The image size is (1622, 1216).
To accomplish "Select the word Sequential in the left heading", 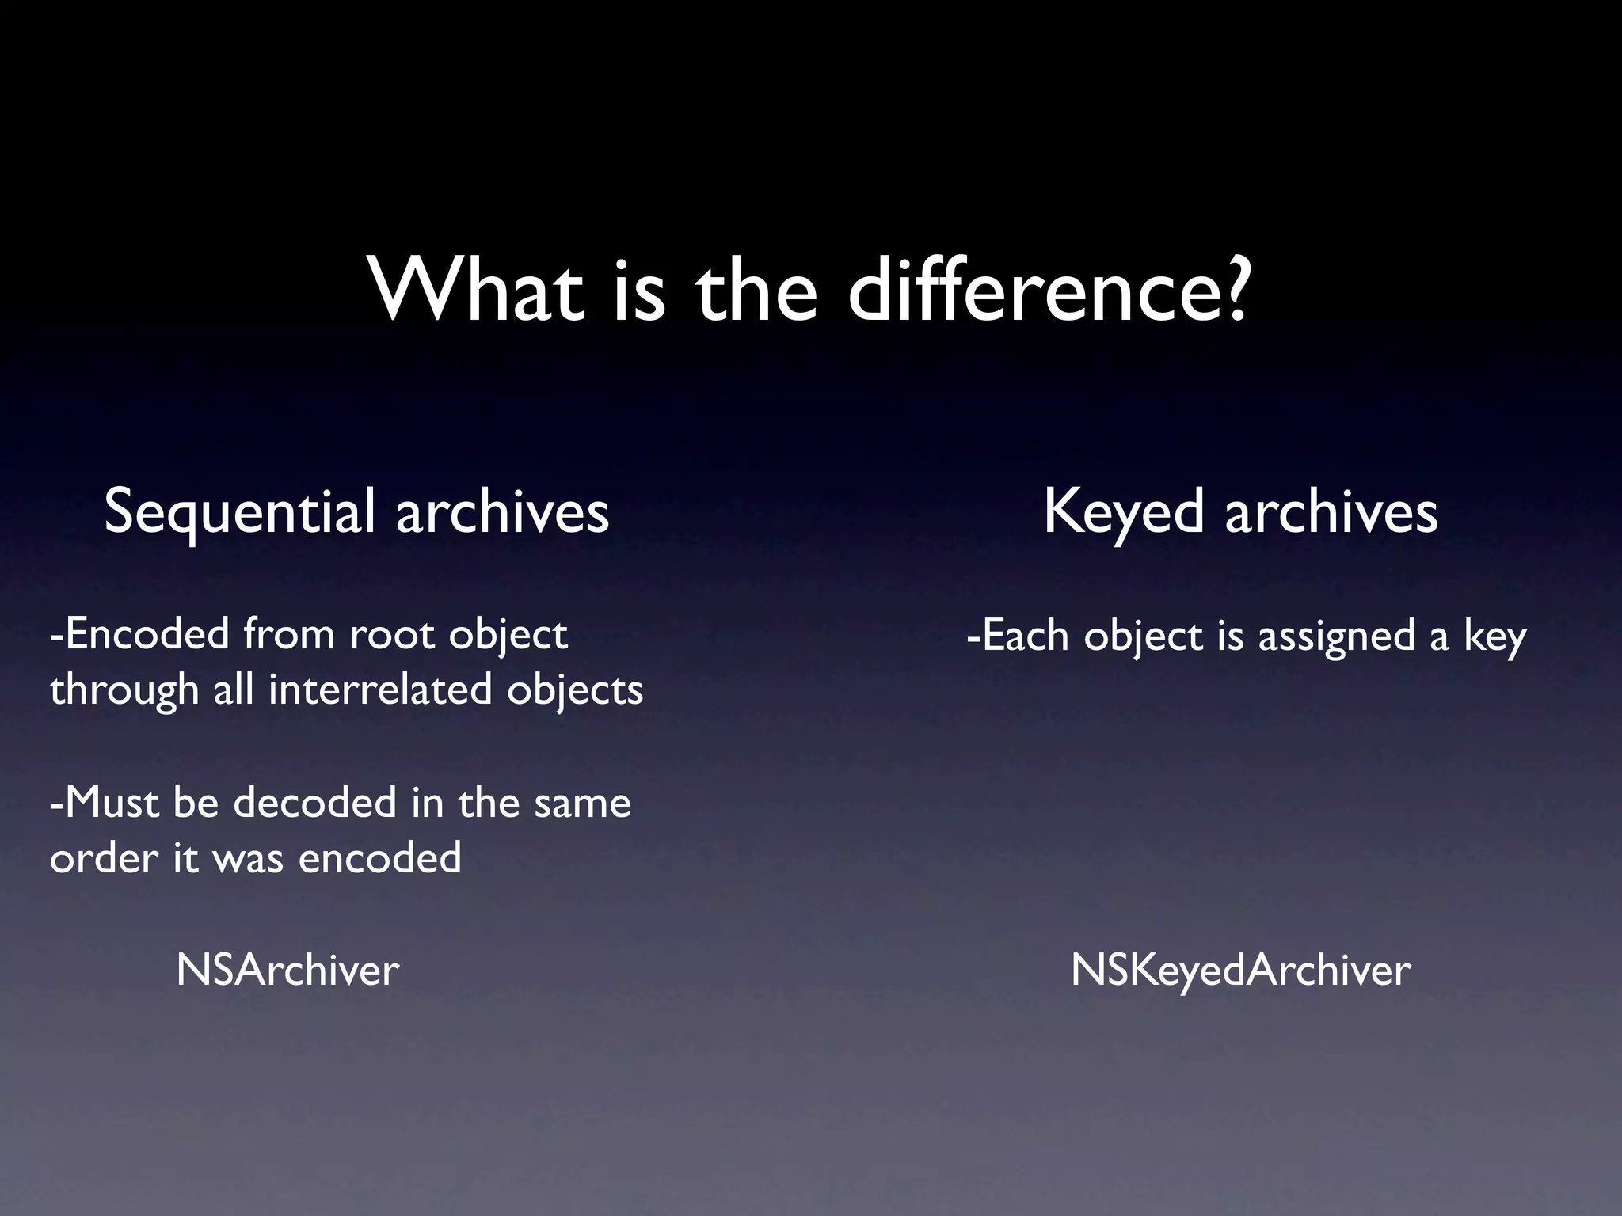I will (x=239, y=513).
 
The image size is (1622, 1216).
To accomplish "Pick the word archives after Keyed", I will (x=1331, y=513).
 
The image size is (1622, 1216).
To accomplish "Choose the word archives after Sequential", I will (x=502, y=513).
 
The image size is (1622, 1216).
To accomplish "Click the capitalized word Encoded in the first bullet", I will (x=147, y=635).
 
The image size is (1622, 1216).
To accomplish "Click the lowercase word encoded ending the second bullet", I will (x=379, y=858).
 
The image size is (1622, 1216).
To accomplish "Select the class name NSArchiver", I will (x=287, y=971).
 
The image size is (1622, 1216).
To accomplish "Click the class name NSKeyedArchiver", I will (x=1240, y=971).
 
